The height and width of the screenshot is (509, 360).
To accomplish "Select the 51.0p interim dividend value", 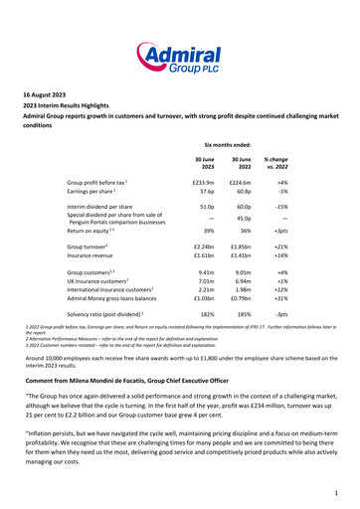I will pos(206,207).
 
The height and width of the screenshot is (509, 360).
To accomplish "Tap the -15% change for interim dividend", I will pos(279,207).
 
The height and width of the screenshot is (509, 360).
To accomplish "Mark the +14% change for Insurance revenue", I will pos(278,254).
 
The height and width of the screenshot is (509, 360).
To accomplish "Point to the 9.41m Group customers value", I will pos(205,270).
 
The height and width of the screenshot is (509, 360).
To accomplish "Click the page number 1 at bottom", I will pos(337,491).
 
